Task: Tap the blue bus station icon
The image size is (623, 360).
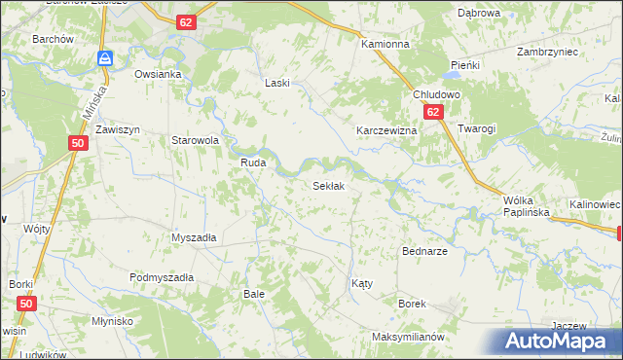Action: pyautogui.click(x=104, y=58)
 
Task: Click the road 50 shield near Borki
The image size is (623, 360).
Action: pyautogui.click(x=26, y=305)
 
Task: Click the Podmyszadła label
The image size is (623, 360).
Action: pyautogui.click(x=162, y=277)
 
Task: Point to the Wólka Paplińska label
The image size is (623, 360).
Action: pyautogui.click(x=527, y=204)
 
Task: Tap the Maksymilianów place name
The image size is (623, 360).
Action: pyautogui.click(x=408, y=337)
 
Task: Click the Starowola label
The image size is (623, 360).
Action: pyautogui.click(x=195, y=140)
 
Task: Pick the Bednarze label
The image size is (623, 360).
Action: pyautogui.click(x=424, y=250)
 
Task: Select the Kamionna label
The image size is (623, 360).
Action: pyautogui.click(x=385, y=46)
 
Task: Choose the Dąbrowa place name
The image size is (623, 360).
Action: pyautogui.click(x=479, y=13)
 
